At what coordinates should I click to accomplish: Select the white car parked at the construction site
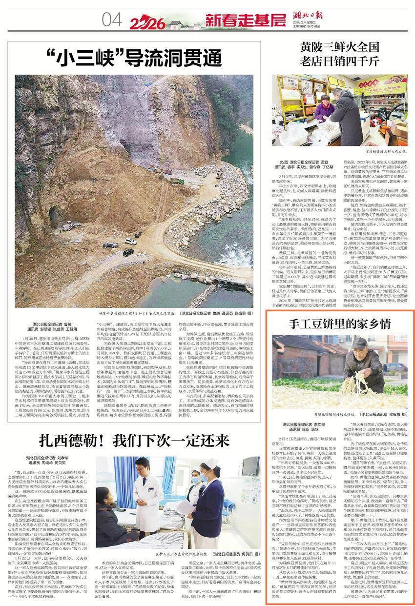coord(130,241)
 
